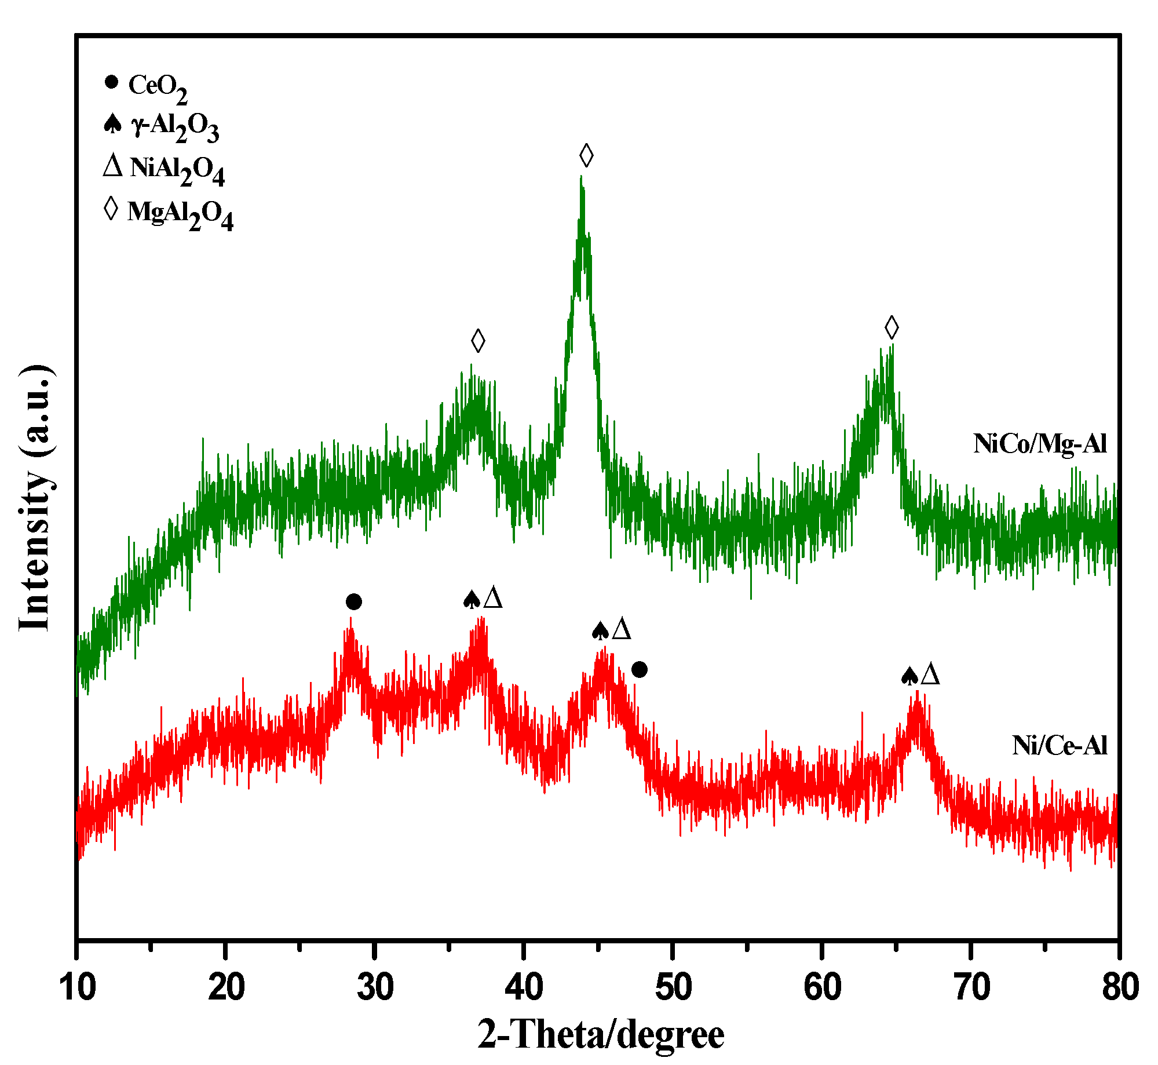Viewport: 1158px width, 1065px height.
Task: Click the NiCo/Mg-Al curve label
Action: pos(1040,444)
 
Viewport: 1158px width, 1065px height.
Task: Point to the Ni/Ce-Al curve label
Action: pos(1060,746)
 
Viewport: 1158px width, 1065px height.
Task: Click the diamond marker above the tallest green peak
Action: pos(586,155)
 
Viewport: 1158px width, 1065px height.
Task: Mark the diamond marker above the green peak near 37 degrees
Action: pos(478,341)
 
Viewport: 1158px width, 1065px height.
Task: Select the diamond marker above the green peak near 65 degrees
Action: pos(892,327)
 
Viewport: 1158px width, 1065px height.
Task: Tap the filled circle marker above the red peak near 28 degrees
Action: pos(354,602)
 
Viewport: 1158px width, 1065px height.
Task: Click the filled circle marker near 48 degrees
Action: pos(639,670)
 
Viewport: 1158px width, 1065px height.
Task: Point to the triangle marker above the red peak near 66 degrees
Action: pos(930,675)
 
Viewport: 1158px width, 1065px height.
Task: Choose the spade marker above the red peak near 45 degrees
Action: pos(600,630)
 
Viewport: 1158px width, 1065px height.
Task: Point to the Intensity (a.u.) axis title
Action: pos(36,498)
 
